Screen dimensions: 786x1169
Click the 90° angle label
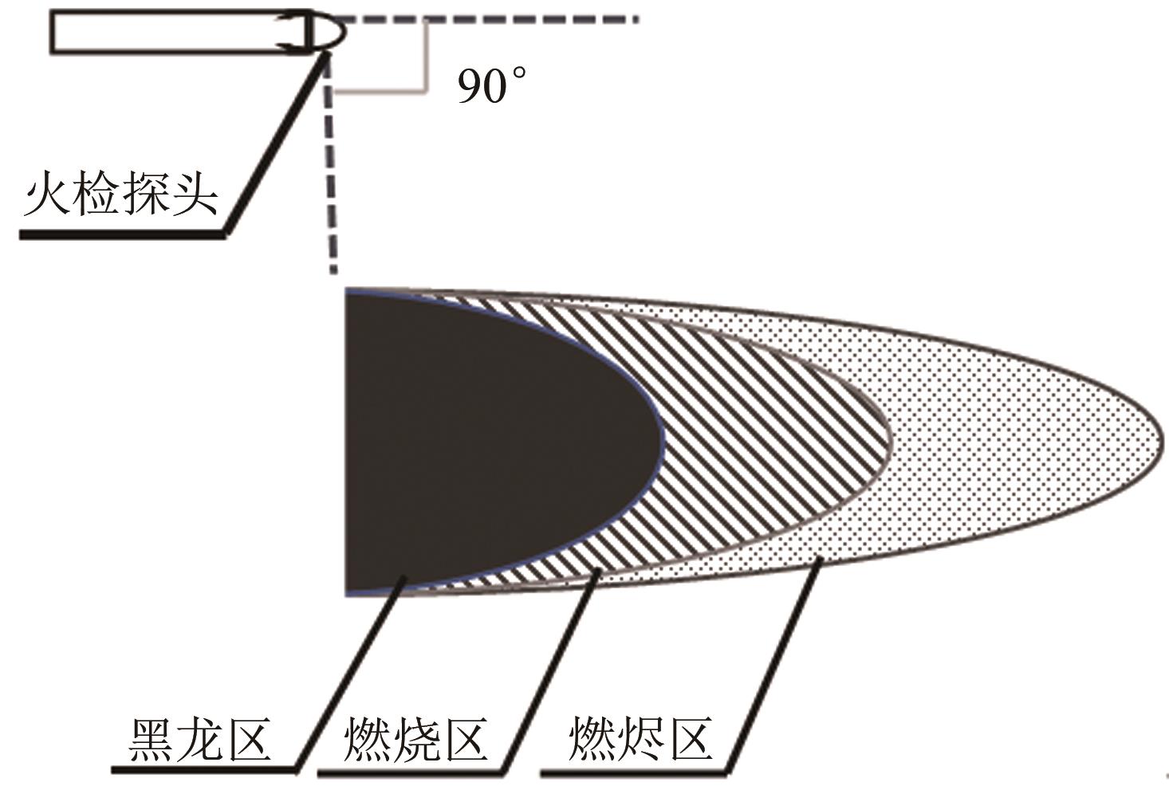click(491, 86)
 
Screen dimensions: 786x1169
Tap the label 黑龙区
click(199, 740)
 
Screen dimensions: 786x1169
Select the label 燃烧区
click(415, 740)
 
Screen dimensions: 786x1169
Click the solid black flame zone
click(478, 442)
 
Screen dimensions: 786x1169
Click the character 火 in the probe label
click(47, 194)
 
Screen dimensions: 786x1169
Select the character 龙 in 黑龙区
click(199, 740)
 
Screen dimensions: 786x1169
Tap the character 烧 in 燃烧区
click(415, 740)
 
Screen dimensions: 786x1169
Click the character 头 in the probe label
click(195, 194)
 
